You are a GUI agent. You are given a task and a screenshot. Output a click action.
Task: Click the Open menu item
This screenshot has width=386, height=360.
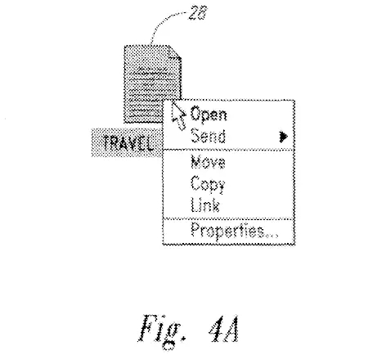[x=209, y=115]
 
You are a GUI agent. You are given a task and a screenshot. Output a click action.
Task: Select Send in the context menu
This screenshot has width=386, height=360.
[x=208, y=135]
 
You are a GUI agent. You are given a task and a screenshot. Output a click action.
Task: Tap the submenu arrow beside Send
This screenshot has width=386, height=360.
[x=284, y=137]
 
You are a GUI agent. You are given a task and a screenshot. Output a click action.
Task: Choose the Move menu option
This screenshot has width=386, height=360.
[x=208, y=162]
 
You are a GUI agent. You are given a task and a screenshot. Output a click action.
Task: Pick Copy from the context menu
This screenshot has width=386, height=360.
[x=208, y=184]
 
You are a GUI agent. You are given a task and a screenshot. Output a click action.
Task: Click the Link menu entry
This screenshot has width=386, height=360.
[x=205, y=205]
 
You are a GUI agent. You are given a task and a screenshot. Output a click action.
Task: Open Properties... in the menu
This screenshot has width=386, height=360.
[x=235, y=232]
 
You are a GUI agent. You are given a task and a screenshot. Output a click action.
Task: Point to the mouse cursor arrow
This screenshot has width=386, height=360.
[x=178, y=115]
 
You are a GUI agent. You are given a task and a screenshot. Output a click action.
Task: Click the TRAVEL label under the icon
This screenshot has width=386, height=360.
[x=128, y=143]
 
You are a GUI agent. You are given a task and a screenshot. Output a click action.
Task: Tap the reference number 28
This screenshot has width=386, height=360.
[x=198, y=12]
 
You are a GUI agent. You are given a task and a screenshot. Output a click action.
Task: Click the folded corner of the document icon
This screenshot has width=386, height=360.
[x=175, y=52]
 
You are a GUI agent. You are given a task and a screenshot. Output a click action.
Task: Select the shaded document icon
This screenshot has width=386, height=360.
[x=153, y=84]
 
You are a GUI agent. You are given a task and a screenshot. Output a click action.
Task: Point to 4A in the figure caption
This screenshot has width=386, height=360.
[x=224, y=329]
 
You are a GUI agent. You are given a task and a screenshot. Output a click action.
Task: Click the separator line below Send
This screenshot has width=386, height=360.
[x=228, y=150]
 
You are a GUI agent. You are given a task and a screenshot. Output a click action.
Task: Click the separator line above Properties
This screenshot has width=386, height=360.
[x=228, y=218]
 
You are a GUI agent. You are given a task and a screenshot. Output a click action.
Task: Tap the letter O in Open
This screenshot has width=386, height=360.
[x=195, y=113]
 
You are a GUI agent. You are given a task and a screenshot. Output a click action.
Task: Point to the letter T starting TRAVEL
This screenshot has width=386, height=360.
[x=106, y=142]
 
